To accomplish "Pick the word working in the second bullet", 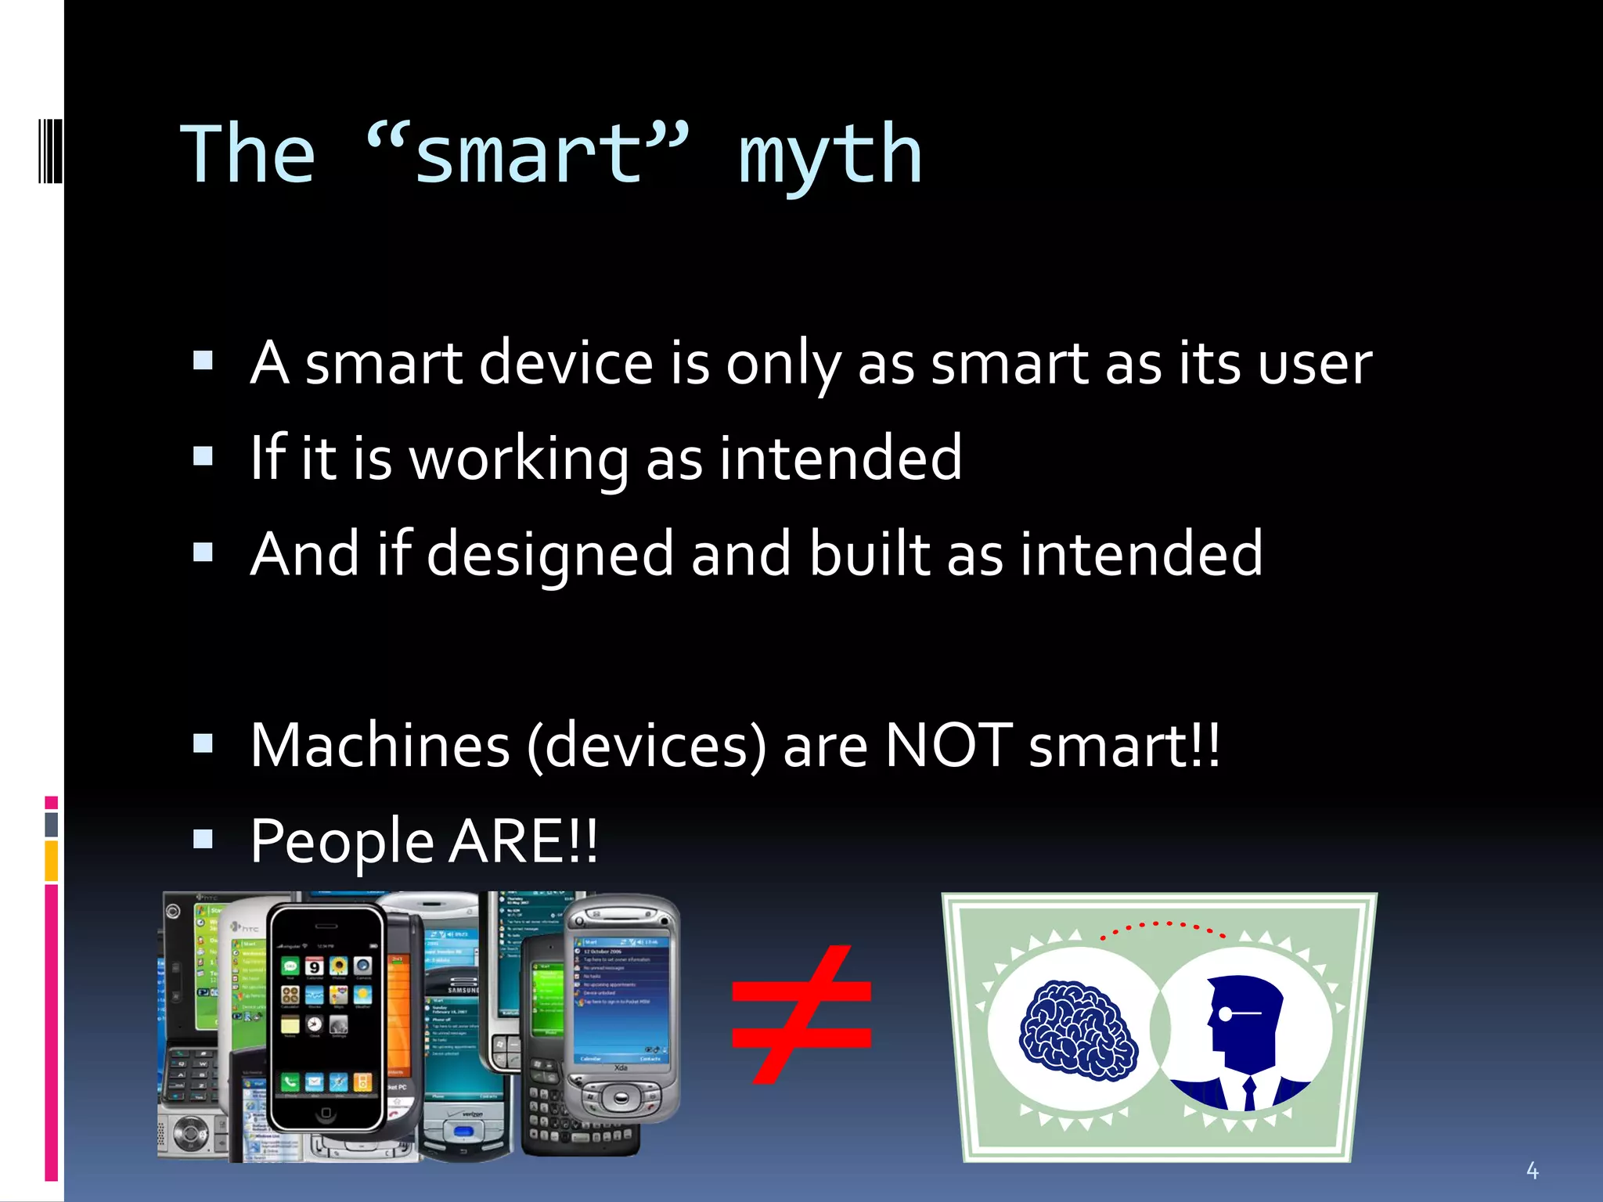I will coord(518,459).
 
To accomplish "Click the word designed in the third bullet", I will coord(549,555).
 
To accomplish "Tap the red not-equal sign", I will coord(801,1014).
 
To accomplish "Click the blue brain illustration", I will coord(1078,1030).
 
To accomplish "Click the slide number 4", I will coord(1532,1171).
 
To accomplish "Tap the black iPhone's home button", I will coord(326,1113).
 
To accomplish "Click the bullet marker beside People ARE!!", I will coord(203,840).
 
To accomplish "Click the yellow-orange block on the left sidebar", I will coord(51,861).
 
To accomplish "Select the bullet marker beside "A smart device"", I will coord(203,360).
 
